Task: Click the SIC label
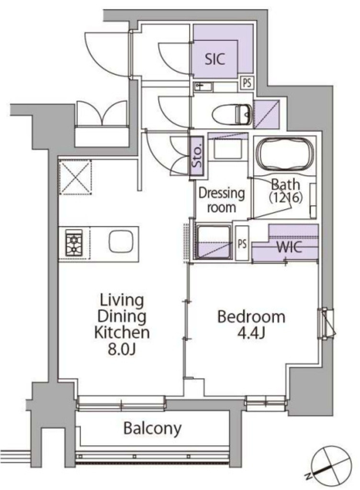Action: (215, 59)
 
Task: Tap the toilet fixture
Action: (232, 115)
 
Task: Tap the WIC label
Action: (289, 247)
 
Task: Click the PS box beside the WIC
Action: (242, 243)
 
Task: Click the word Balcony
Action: (153, 428)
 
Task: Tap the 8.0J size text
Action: (122, 350)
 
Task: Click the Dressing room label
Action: (222, 200)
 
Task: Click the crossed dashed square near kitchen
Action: (75, 177)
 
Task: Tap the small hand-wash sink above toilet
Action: (203, 87)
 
